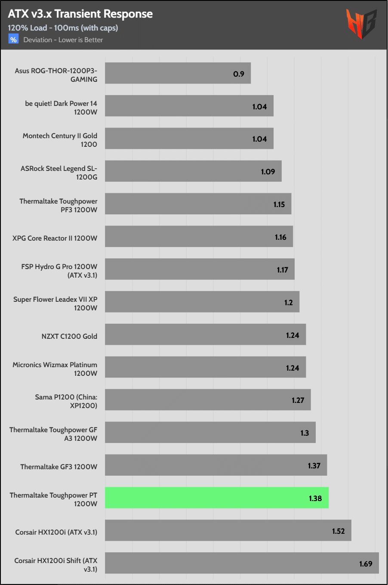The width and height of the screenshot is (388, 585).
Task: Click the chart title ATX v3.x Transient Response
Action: [80, 14]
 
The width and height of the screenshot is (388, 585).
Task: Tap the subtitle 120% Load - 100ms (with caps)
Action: [63, 28]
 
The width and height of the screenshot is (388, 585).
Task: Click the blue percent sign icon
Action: [13, 40]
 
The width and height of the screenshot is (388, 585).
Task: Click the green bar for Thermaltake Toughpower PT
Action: [216, 498]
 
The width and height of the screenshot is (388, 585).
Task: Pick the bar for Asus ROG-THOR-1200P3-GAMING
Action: [178, 73]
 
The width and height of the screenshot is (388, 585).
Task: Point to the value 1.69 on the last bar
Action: [366, 564]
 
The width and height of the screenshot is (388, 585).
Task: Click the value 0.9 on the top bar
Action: [239, 74]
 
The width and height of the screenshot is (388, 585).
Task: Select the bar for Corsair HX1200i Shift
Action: [242, 563]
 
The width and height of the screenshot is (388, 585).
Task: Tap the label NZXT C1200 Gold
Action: [69, 336]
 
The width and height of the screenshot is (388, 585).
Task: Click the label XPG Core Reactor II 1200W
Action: [55, 238]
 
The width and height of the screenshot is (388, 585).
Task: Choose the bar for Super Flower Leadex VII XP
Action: [202, 302]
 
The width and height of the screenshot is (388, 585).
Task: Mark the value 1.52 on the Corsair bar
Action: [338, 531]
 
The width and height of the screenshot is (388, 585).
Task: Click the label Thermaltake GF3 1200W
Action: [59, 467]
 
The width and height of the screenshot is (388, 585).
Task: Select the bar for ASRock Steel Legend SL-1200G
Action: [193, 171]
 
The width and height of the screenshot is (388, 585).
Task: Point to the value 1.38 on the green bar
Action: [315, 498]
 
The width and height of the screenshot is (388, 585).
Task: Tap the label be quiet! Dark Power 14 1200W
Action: [61, 108]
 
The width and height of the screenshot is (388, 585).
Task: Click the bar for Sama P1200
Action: [208, 400]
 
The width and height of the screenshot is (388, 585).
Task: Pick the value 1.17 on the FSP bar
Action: [282, 270]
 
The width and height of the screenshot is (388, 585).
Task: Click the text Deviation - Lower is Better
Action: [63, 40]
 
